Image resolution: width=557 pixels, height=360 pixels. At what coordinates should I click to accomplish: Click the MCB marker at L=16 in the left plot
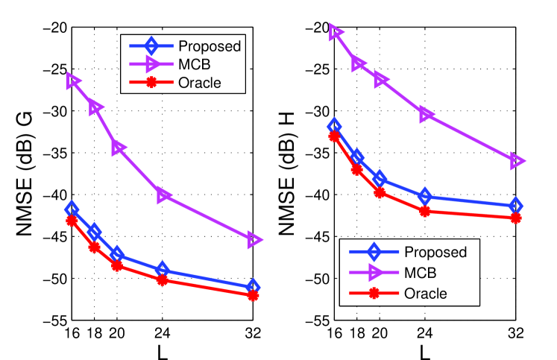(x=72, y=81)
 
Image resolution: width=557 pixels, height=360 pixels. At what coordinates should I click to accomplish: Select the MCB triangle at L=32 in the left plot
(x=254, y=240)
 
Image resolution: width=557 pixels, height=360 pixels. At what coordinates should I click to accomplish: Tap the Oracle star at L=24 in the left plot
(x=163, y=280)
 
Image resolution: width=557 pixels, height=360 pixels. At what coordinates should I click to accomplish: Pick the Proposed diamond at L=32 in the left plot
(x=253, y=287)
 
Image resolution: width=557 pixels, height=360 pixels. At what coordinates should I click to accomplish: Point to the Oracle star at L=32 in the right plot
(x=515, y=218)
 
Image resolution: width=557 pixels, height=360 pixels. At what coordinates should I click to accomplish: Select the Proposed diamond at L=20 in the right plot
(x=380, y=179)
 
